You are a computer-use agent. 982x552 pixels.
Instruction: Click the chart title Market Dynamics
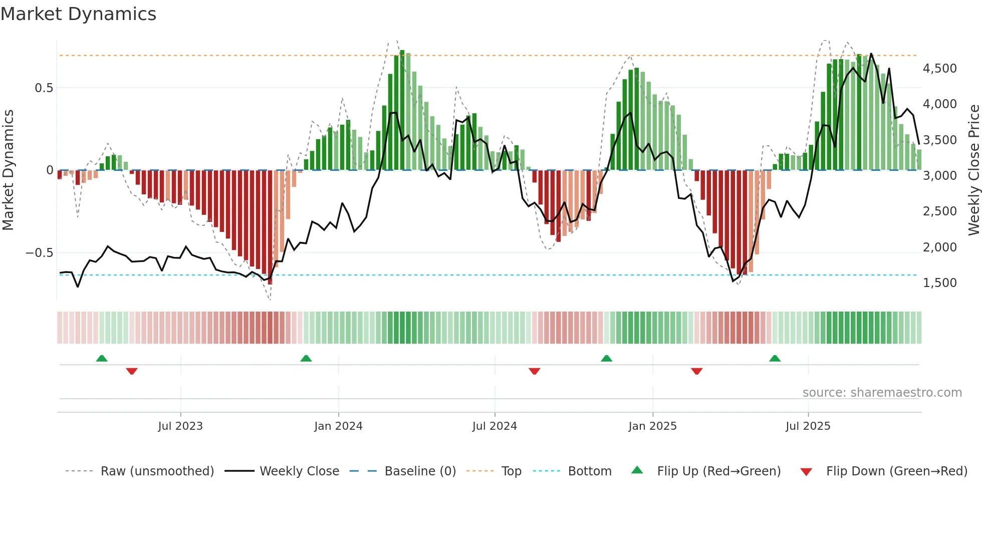coord(78,14)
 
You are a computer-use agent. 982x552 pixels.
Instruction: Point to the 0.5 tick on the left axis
coord(44,88)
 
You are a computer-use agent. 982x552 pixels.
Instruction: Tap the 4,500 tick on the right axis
coord(939,69)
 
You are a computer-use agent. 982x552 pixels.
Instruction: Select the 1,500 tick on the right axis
coord(939,283)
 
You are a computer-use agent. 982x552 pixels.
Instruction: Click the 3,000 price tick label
coord(939,176)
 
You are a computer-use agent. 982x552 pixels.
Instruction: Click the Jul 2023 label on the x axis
coord(180,426)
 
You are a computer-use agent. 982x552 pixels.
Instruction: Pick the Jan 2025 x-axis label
coord(652,426)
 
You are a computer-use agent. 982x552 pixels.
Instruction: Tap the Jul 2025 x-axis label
coord(808,426)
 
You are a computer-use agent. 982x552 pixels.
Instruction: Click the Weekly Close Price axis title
coord(973,170)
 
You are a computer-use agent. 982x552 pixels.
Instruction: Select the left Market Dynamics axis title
coord(8,170)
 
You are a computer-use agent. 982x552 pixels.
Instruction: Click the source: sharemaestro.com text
coord(882,393)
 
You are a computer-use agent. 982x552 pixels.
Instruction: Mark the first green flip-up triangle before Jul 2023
coord(102,358)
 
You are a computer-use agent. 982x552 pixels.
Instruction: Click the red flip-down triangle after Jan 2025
coord(696,371)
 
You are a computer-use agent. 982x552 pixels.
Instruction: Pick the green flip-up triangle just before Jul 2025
coord(775,358)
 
